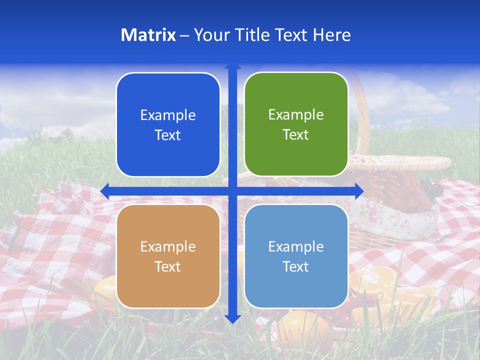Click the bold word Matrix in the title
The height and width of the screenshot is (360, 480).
coord(148,35)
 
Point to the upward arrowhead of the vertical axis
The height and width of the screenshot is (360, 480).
coord(232,67)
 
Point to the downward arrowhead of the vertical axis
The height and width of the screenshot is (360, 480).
coord(232,318)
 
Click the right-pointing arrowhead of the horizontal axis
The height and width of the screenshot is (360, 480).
coord(359,191)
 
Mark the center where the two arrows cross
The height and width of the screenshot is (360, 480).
coord(232,191)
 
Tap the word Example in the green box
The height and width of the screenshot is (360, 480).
coord(296,114)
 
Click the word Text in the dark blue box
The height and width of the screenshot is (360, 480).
coord(167,135)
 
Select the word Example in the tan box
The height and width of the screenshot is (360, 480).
coord(168,246)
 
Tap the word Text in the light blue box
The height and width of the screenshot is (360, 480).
coord(295,267)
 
